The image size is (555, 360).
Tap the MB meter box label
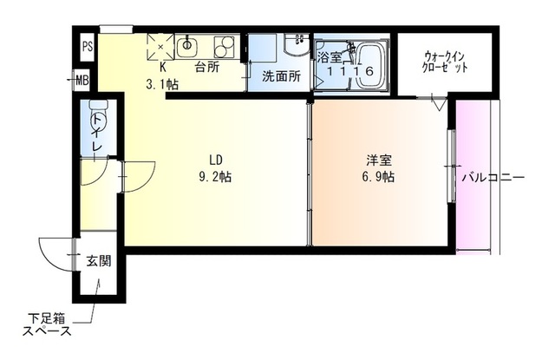82,82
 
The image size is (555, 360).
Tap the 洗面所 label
281,76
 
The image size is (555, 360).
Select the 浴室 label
329,58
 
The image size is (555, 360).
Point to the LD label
216,159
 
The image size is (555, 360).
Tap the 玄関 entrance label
98,260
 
